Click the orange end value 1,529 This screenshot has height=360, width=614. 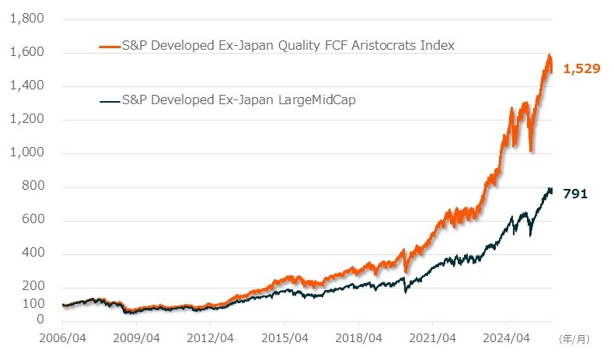[x=581, y=70]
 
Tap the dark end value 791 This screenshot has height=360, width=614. [x=575, y=194]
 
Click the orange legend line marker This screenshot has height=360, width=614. [x=110, y=46]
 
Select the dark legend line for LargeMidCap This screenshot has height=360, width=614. [x=110, y=100]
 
